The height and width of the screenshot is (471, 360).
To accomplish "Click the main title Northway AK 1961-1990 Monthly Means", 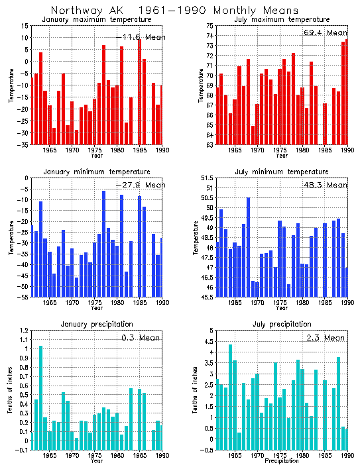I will (x=174, y=11).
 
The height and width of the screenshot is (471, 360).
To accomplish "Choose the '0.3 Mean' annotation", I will (x=142, y=338).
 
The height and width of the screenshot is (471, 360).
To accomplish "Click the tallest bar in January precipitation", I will (x=40, y=397).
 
